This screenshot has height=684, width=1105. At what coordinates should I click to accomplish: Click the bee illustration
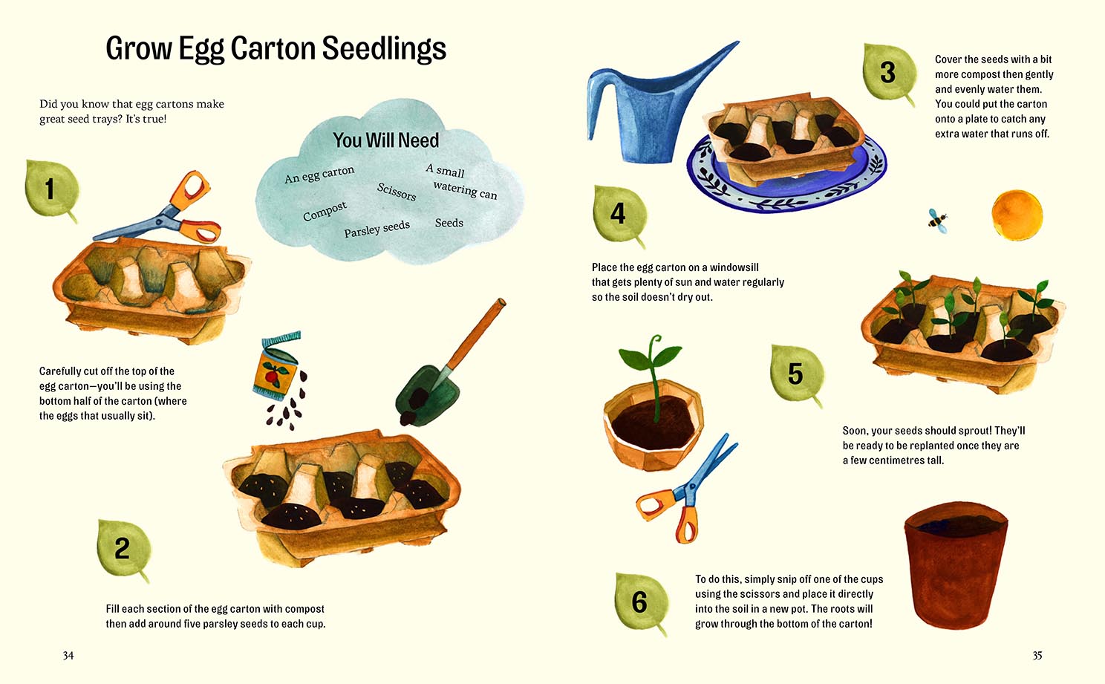pos(938,220)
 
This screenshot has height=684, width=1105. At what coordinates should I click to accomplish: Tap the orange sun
pos(1017,215)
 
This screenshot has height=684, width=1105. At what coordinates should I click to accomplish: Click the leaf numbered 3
pos(889,74)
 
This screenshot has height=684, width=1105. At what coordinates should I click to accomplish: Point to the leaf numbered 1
pos(50,189)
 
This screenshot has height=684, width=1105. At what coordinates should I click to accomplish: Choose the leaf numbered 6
pos(639,602)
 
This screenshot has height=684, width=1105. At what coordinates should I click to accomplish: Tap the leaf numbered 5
pos(796,374)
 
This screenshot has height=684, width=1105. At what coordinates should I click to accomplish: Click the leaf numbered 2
pos(123,549)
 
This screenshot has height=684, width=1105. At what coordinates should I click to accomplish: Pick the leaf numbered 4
pos(619,215)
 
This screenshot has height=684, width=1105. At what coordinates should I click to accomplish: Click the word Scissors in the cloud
pos(397,192)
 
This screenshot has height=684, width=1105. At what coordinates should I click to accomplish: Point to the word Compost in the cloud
pos(325,212)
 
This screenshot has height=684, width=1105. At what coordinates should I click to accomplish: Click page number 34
pos(68,655)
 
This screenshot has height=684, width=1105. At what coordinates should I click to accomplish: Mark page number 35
pos(1037,655)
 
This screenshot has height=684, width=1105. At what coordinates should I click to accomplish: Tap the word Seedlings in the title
pos(384,49)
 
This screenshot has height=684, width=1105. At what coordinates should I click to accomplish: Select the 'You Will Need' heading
pos(385,140)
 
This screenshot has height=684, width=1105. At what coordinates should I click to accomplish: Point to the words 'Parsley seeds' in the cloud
pos(377,229)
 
